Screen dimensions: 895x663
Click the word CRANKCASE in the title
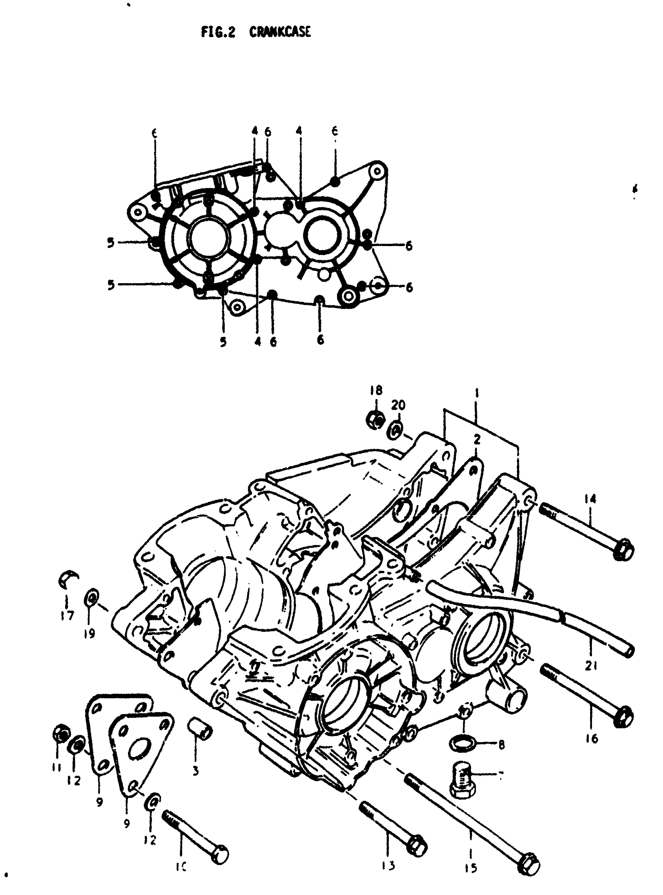tap(280, 32)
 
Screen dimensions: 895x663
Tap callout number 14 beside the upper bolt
tap(590, 499)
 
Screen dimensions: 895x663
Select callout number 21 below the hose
tap(591, 666)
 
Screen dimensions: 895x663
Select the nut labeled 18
tap(376, 420)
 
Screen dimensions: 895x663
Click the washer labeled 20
tap(395, 431)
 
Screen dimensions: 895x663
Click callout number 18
tap(376, 390)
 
